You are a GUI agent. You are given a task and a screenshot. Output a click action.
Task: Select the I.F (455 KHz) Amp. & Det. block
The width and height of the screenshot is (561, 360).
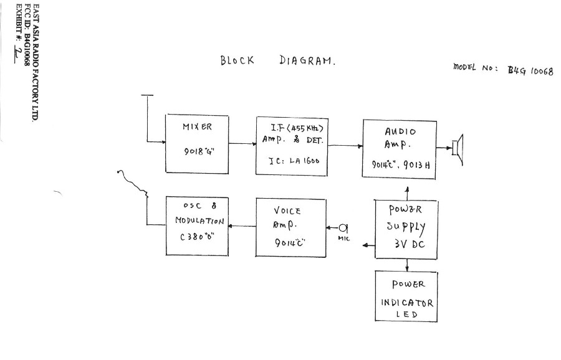[x=292, y=144]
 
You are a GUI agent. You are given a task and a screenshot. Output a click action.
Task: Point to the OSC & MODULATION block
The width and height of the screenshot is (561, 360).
[x=196, y=225]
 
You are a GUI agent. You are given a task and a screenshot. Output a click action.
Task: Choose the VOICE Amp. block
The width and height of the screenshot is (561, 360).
[x=290, y=227]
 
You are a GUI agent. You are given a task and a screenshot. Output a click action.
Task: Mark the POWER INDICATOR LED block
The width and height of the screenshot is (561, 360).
[x=405, y=296]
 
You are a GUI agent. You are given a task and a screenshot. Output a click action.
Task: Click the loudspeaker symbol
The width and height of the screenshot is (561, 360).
[x=458, y=148]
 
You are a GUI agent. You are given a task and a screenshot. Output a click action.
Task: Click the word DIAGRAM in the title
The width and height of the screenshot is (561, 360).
[x=307, y=61]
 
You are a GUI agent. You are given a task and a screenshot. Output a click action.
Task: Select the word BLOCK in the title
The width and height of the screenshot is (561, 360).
[x=237, y=60]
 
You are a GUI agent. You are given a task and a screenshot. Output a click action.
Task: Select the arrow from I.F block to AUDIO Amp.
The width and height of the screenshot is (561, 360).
[x=345, y=146]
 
